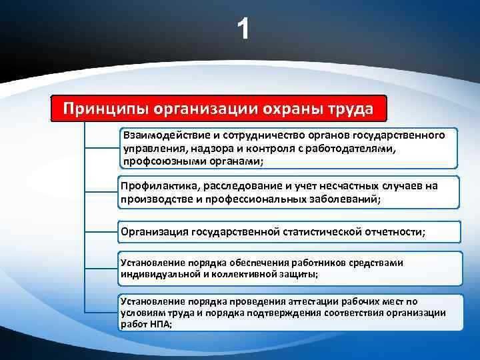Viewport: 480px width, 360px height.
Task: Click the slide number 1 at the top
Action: [x=244, y=29]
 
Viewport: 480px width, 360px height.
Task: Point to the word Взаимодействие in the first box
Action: [x=163, y=135]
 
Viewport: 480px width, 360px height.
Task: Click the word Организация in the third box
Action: [x=154, y=232]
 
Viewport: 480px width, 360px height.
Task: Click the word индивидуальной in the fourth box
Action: [x=157, y=274]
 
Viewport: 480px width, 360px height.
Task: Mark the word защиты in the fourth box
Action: [x=301, y=274]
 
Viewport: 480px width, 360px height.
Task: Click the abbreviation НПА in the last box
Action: [x=159, y=323]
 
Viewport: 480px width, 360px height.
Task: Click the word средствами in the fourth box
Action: [x=379, y=263]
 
